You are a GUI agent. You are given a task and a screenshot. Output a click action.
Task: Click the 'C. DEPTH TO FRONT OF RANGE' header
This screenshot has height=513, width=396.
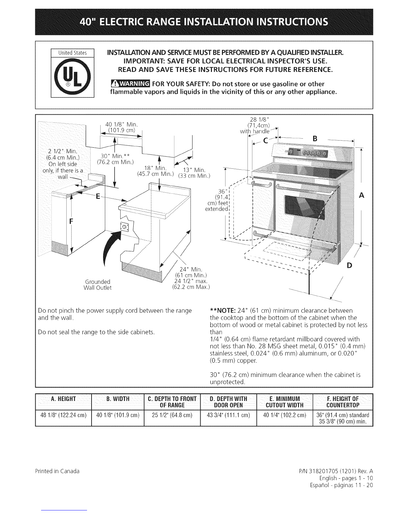(170, 402)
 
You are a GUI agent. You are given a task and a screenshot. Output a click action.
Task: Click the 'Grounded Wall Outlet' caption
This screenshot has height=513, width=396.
(98, 284)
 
